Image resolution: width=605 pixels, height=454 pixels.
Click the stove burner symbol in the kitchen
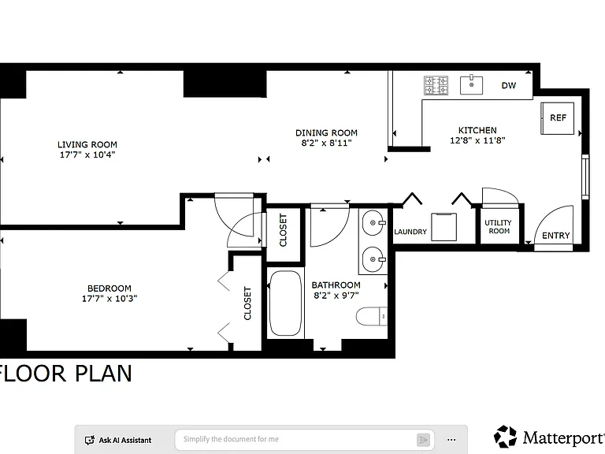[x=436, y=85]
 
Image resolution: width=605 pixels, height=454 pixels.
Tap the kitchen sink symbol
[x=471, y=85]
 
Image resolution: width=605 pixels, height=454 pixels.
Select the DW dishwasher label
[x=509, y=86]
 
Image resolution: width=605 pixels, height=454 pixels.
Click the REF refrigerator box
[x=557, y=118]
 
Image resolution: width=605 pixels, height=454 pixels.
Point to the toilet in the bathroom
[x=371, y=317]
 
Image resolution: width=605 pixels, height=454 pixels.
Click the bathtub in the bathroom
[x=285, y=303]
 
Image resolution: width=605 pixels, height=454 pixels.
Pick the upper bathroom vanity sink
[x=373, y=223]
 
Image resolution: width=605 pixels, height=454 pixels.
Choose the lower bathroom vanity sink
[x=373, y=259]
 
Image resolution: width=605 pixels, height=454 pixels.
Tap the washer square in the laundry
[x=444, y=227]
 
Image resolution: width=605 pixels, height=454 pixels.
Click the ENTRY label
[x=555, y=236]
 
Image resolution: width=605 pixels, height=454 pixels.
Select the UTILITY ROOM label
[x=499, y=227]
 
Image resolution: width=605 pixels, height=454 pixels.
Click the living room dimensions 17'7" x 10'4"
[x=87, y=154]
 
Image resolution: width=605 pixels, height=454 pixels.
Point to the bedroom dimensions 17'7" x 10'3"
[x=109, y=299]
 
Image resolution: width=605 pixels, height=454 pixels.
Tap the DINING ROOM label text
[x=326, y=132]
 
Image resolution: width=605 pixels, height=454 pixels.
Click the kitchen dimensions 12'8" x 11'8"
[x=477, y=140]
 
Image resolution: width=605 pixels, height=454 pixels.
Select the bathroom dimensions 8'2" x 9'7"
[x=336, y=296]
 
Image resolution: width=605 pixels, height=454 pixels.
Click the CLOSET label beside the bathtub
[x=247, y=303]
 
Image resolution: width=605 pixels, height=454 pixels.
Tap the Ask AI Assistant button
[x=118, y=440]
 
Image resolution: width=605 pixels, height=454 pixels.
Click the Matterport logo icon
[x=505, y=437]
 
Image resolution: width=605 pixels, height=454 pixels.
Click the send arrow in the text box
[x=424, y=440]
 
